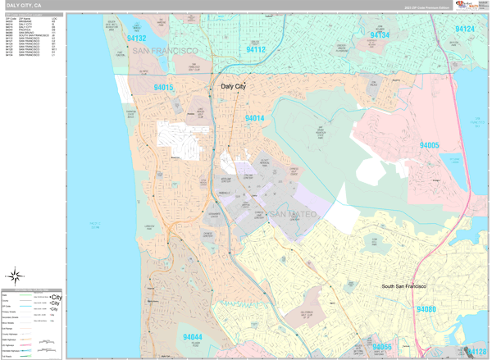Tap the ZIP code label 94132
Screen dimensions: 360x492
(135, 38)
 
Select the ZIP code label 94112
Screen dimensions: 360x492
(255, 49)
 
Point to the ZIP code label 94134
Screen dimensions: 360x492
(379, 35)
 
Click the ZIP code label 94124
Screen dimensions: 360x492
(464, 30)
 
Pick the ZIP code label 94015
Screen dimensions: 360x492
(162, 87)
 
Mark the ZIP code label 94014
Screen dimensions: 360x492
(254, 118)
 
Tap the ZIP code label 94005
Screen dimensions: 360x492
(429, 145)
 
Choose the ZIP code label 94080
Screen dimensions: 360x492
(426, 309)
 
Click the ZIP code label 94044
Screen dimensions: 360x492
(193, 337)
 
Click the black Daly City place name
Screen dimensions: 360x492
(233, 86)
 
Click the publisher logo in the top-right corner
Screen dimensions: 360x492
(471, 6)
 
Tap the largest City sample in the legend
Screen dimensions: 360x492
(56, 298)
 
